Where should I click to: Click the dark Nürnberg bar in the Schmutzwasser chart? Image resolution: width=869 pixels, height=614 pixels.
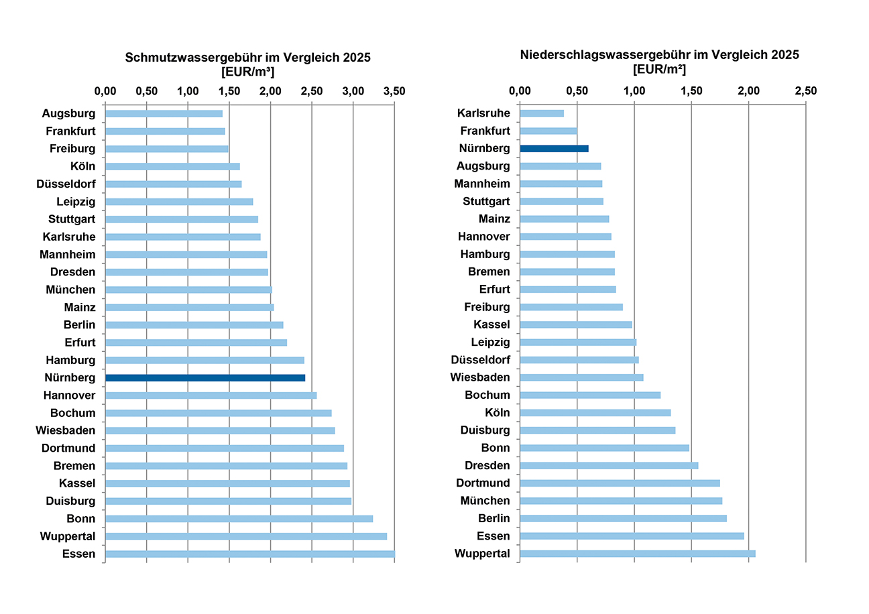[x=205, y=378]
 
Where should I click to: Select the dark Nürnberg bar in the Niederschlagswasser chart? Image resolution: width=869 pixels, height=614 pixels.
[x=554, y=148]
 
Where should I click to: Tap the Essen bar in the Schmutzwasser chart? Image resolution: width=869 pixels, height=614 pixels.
[x=249, y=554]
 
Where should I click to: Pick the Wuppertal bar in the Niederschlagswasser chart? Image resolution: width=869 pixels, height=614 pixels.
[x=637, y=554]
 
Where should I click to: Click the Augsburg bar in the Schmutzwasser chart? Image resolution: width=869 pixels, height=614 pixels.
[x=164, y=114]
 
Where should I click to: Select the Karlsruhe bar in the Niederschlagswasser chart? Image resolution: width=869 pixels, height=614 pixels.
[x=542, y=113]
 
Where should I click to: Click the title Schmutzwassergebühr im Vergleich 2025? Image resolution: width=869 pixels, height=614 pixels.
[x=248, y=58]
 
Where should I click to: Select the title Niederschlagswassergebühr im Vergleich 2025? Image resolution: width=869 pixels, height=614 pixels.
[x=659, y=55]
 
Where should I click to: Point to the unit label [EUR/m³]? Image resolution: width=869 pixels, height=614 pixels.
[x=248, y=72]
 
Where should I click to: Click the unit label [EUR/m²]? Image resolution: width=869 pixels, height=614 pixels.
[x=659, y=69]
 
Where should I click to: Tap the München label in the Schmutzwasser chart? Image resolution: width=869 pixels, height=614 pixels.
[x=71, y=290]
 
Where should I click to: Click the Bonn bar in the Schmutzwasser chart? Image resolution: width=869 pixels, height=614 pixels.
[x=239, y=519]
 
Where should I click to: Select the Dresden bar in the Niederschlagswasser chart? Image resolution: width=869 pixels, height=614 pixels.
[x=609, y=466]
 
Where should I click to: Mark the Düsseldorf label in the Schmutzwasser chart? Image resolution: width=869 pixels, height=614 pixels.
[x=66, y=184]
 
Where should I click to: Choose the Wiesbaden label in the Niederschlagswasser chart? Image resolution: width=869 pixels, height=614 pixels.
[x=481, y=377]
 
